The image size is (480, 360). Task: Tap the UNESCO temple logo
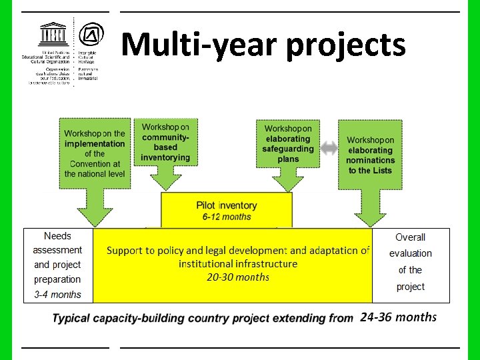pyautogui.click(x=53, y=34)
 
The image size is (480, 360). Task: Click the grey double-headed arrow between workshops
pyautogui.click(x=329, y=149)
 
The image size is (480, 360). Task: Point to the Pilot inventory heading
pyautogui.click(x=227, y=205)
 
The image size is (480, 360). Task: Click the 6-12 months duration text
pyautogui.click(x=227, y=217)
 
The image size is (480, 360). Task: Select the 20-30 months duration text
pyautogui.click(x=238, y=277)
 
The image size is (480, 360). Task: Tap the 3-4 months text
pyautogui.click(x=57, y=294)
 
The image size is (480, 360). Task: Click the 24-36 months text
pyautogui.click(x=398, y=317)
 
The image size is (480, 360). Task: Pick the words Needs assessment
pyautogui.click(x=57, y=243)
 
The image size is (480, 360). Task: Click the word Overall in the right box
pyautogui.click(x=410, y=237)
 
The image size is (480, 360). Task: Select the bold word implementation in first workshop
pyautogui.click(x=94, y=143)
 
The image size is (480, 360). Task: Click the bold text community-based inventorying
pyautogui.click(x=165, y=147)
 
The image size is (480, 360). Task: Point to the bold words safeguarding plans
pyautogui.click(x=288, y=154)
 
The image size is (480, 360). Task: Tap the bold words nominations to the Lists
pyautogui.click(x=370, y=165)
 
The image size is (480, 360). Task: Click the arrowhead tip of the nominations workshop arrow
pyautogui.click(x=370, y=225)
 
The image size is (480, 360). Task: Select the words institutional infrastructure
pyautogui.click(x=238, y=263)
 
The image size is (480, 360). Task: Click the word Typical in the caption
pyautogui.click(x=71, y=318)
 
